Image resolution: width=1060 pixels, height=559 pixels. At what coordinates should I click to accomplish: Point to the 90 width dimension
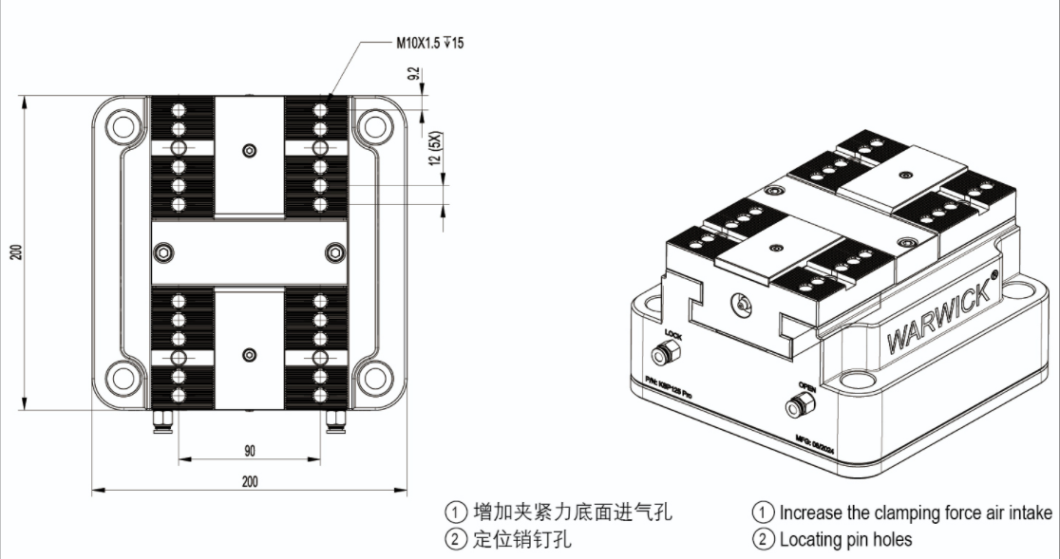tap(249, 450)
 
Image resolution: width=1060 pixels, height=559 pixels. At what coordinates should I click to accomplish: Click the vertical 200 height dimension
tap(16, 252)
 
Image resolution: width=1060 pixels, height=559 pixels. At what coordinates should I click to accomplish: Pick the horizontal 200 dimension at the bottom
tap(249, 481)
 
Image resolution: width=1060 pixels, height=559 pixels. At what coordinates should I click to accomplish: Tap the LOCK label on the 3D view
tap(674, 335)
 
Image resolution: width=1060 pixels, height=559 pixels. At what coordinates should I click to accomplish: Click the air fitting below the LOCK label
tap(662, 355)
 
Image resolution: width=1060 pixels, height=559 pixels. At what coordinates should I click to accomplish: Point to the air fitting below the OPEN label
tap(796, 408)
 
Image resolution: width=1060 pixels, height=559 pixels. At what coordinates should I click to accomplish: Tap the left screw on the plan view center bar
tap(165, 252)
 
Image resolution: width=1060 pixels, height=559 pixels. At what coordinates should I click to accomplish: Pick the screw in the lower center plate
tap(249, 355)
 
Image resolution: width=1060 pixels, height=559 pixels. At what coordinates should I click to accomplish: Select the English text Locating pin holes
tap(845, 540)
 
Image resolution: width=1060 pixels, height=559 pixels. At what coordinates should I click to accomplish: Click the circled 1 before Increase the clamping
tap(762, 512)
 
